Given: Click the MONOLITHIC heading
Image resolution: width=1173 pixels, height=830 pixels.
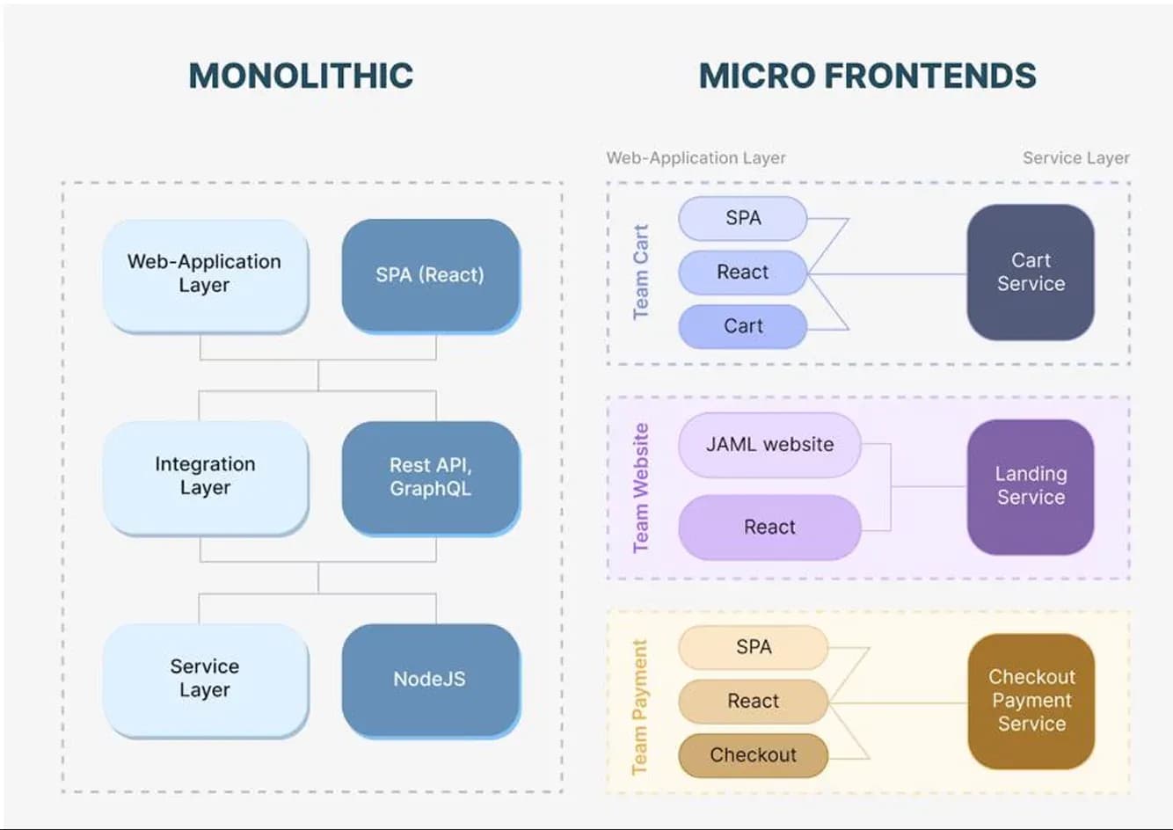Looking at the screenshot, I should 301,76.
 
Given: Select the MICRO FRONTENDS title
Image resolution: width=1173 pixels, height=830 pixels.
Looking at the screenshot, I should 867,76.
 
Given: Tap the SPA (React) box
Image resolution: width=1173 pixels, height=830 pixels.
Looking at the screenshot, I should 430,274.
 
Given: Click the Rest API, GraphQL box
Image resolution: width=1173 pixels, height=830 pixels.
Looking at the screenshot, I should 430,477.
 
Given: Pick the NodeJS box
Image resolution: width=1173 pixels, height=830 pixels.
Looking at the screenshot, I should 430,679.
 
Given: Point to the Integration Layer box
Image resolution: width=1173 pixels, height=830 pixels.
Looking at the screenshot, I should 205,476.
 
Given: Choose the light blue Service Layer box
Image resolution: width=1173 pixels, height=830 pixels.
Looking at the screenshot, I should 205,678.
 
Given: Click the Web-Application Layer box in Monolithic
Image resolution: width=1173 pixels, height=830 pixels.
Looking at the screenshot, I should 205,273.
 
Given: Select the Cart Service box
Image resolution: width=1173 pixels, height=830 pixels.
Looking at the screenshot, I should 1031,272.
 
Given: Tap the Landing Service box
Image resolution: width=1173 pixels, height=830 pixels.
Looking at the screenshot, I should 1031,485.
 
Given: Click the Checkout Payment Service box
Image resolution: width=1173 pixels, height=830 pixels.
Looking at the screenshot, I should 1031,700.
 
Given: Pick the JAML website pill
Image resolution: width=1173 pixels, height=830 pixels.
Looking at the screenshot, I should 769,445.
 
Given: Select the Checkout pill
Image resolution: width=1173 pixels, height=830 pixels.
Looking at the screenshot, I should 753,755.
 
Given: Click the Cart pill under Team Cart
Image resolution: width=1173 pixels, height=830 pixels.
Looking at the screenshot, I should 743,326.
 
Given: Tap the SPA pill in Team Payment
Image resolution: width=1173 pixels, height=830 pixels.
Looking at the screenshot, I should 753,647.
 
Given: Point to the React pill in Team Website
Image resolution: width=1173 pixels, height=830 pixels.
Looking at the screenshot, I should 769,527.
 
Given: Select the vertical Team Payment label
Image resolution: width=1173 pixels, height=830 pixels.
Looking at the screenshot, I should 640,707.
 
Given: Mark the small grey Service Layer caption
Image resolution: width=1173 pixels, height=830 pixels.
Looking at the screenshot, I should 1075,158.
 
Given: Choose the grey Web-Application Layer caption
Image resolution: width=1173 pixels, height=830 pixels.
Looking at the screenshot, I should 696,158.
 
